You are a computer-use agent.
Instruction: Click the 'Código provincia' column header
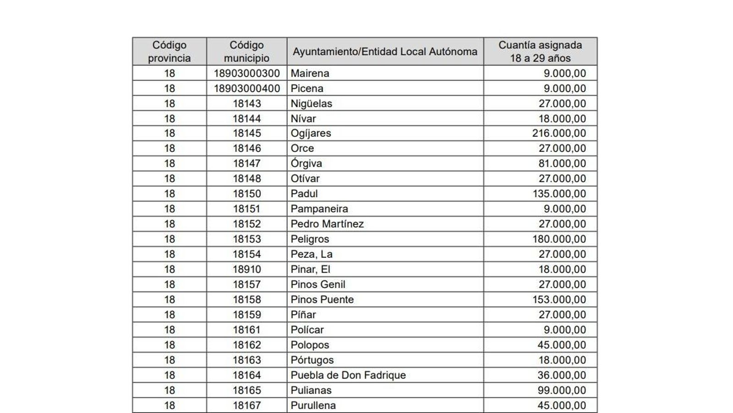click(x=169, y=51)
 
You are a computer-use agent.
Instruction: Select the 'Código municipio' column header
click(x=246, y=51)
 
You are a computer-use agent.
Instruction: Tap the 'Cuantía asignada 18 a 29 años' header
click(x=540, y=51)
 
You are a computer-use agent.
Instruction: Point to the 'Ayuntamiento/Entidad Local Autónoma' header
click(x=385, y=51)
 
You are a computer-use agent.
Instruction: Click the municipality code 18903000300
click(x=246, y=73)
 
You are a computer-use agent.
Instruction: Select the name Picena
click(x=307, y=89)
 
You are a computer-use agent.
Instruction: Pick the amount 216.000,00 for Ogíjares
click(x=559, y=134)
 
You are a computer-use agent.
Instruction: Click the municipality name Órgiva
click(x=306, y=164)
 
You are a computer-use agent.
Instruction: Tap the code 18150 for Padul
click(x=246, y=194)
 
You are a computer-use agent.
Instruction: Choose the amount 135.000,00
click(x=559, y=194)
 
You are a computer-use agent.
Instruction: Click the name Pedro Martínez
click(x=327, y=224)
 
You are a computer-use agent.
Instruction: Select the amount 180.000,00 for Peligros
click(x=559, y=239)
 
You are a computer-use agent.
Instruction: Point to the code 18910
click(x=246, y=269)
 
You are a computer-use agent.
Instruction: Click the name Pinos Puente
click(x=322, y=300)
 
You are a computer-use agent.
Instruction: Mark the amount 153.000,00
click(x=559, y=300)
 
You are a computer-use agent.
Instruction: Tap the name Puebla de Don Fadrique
click(x=348, y=375)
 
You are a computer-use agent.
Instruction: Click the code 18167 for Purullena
click(x=246, y=406)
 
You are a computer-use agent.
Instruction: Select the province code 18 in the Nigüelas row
click(x=170, y=104)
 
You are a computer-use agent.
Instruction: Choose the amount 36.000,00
click(x=562, y=375)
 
